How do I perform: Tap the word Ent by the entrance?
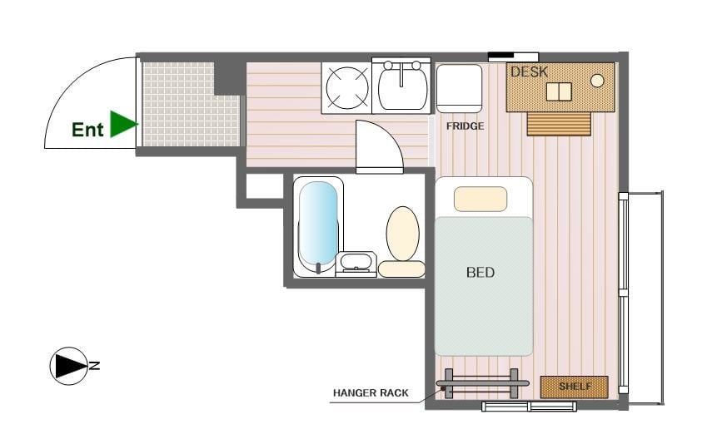(87, 130)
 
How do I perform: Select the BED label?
(481, 272)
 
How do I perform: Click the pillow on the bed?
(481, 199)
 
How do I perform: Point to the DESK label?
(529, 72)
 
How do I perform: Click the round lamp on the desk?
(597, 81)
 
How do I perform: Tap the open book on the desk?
(559, 91)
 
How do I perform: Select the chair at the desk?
(559, 124)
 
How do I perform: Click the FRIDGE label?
(465, 126)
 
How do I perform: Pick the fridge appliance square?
(459, 88)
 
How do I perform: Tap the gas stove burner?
(347, 87)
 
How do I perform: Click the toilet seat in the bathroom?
(402, 233)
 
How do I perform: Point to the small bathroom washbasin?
(356, 264)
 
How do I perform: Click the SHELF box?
(574, 387)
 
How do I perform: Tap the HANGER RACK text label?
(371, 393)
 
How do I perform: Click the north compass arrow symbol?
(68, 366)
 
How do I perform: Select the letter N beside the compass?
(95, 366)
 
